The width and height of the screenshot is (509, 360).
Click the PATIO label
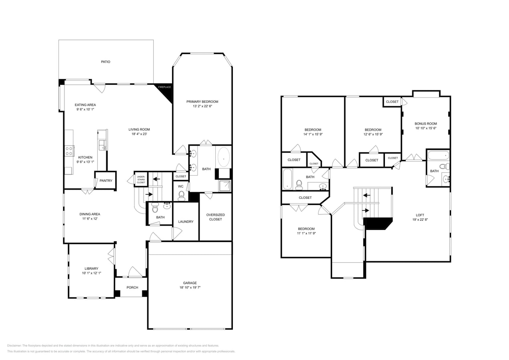[x=105, y=62]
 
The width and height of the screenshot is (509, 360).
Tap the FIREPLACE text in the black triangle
[x=164, y=87]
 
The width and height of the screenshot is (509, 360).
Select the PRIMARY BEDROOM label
[x=202, y=102]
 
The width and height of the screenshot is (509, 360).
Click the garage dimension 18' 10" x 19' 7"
[x=190, y=288]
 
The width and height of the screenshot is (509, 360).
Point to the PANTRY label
[x=106, y=181]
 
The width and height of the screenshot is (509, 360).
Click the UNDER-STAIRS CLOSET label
[x=141, y=179]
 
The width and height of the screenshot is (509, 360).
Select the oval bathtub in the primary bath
[x=223, y=157]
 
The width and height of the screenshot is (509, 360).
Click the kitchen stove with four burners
[x=69, y=151]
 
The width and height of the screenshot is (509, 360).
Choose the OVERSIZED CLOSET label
[x=215, y=217]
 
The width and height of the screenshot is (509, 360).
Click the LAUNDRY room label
[x=186, y=222]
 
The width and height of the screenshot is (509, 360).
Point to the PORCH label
[x=132, y=288]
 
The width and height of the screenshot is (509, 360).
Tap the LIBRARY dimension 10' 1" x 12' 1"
[x=91, y=273]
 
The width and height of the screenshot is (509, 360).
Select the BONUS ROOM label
[x=425, y=124]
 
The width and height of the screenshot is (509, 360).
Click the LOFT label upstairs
[x=420, y=215]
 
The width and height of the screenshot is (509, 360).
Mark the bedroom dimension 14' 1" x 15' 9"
[x=313, y=134]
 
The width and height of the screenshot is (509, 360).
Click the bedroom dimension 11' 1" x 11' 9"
[x=306, y=233]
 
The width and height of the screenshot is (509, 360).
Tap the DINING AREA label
[x=90, y=214]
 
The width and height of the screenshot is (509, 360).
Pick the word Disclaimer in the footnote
[x=14, y=346]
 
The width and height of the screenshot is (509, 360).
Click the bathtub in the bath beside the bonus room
[x=438, y=155]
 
